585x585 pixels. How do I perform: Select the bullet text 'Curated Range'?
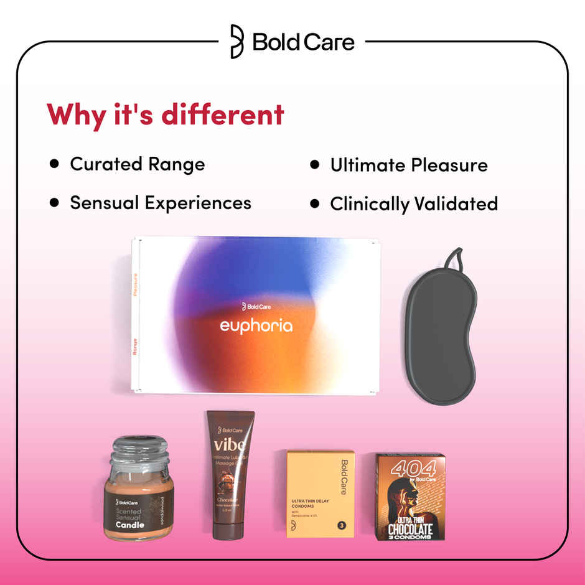[137, 164]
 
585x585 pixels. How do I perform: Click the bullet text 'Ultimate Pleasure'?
[409, 165]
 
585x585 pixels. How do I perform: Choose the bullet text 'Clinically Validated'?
[414, 204]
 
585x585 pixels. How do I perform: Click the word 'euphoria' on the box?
[256, 325]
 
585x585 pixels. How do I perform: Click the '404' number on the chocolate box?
[409, 469]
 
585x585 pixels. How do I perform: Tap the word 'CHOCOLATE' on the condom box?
[410, 530]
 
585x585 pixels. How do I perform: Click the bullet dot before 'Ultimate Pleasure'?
[315, 164]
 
